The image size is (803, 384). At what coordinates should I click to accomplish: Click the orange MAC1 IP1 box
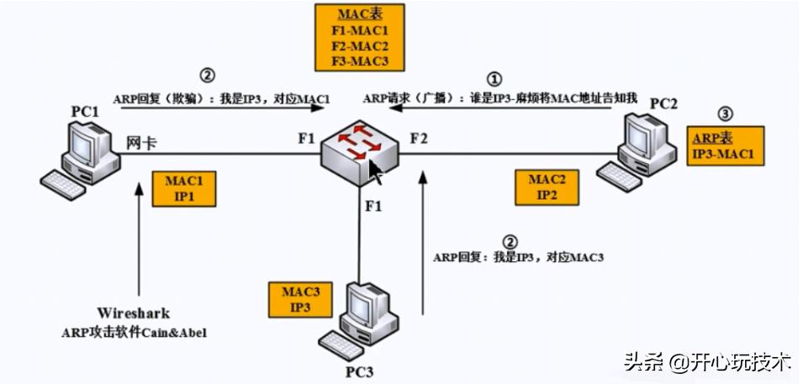(x=184, y=188)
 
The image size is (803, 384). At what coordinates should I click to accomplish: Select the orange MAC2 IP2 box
(x=548, y=187)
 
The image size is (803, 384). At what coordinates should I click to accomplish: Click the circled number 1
(x=495, y=77)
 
